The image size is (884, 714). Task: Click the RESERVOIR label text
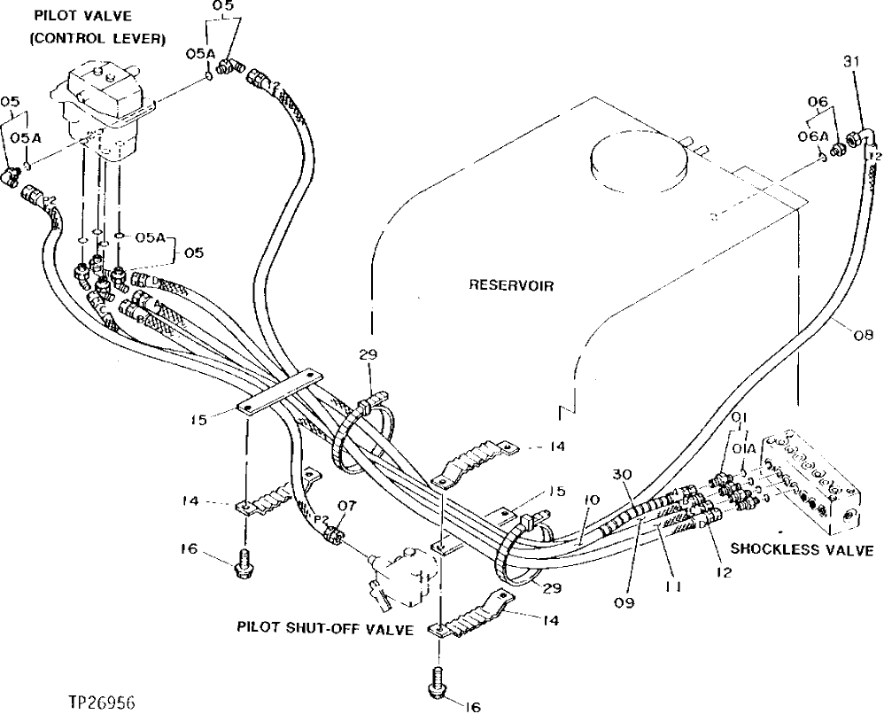point(512,286)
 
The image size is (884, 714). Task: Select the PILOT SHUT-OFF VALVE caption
point(325,628)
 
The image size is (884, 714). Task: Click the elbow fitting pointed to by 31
point(858,137)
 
